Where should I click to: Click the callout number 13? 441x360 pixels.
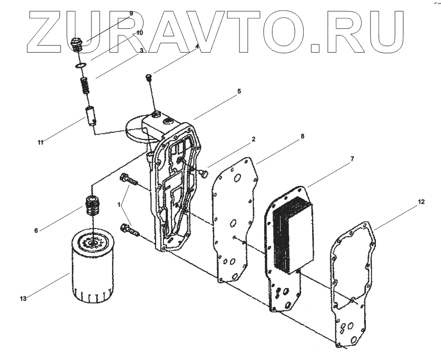coord(23,298)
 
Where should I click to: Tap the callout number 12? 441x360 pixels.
coord(421,203)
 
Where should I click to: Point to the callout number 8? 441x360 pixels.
coord(303,136)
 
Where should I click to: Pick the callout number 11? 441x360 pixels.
coord(41,142)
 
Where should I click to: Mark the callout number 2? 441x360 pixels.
coord(253,139)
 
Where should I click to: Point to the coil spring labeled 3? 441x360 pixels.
coord(84,87)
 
